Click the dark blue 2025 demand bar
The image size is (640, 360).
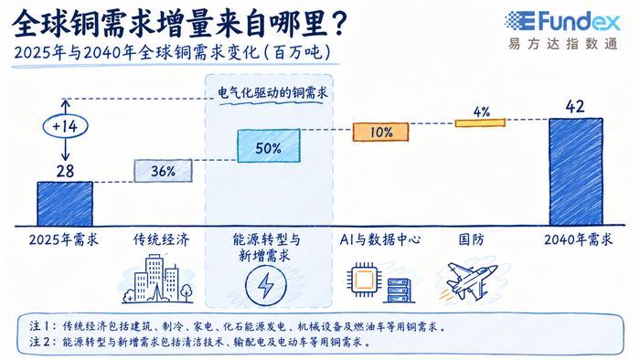(65, 204)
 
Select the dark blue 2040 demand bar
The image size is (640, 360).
(576, 172)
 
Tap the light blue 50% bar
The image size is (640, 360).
(269, 146)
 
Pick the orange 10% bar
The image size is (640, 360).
(381, 132)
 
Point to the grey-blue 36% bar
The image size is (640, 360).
(163, 171)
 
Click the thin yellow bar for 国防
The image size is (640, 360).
(480, 122)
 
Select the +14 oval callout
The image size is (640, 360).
(65, 126)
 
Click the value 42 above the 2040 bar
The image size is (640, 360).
(575, 107)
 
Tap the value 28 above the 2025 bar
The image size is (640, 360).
(65, 171)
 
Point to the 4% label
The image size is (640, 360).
(482, 111)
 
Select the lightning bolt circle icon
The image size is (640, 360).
(266, 285)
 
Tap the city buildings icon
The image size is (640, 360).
(157, 279)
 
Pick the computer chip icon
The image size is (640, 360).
(364, 280)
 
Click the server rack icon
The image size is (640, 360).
(399, 291)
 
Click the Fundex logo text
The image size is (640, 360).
(579, 22)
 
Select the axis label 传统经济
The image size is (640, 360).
(162, 239)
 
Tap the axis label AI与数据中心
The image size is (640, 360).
(380, 239)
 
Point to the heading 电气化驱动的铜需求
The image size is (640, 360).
(272, 93)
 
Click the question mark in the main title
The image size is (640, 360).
(338, 23)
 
